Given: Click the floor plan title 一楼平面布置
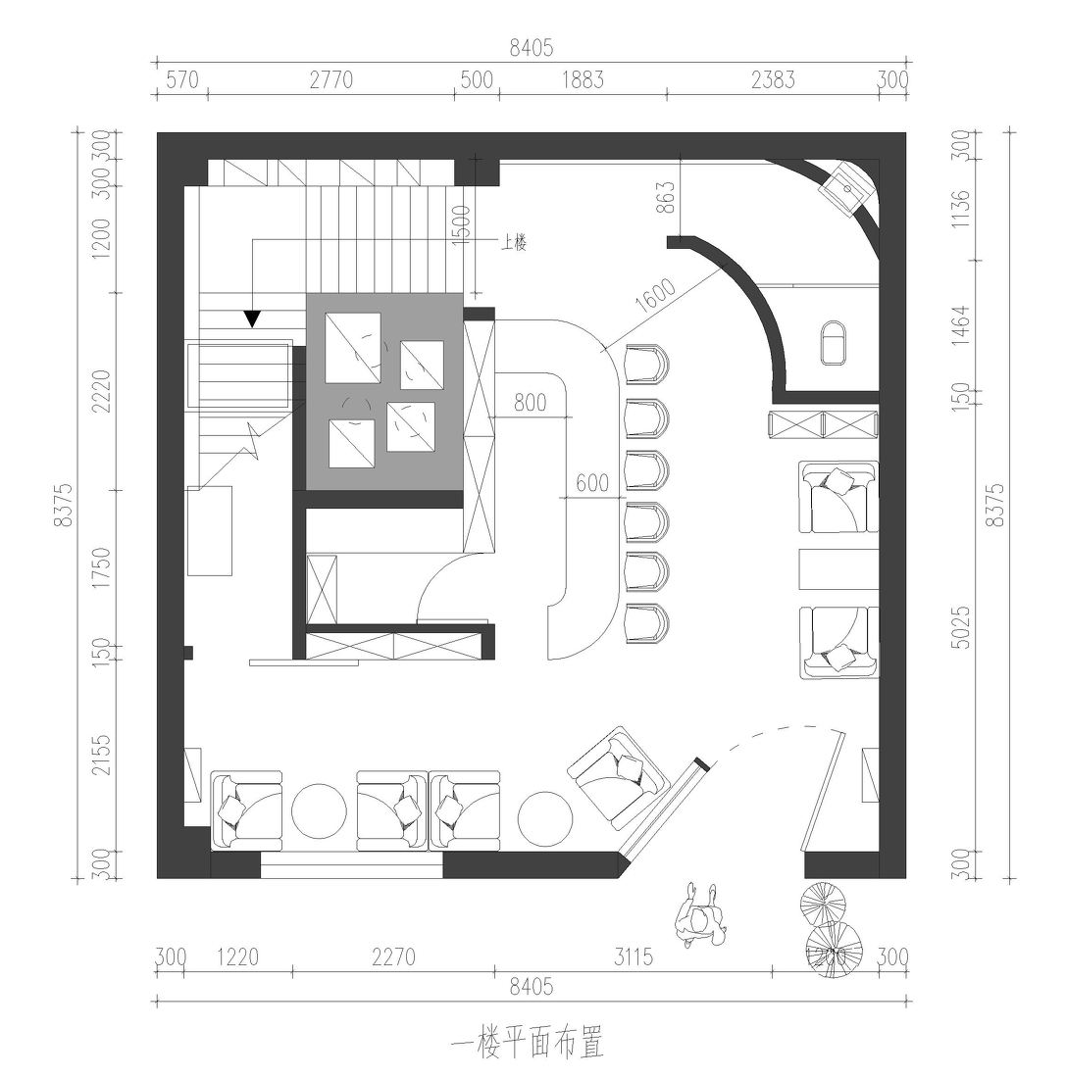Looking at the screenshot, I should [x=528, y=1043].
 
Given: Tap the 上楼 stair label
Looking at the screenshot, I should [x=514, y=243].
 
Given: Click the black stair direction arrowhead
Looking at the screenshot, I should [x=252, y=318].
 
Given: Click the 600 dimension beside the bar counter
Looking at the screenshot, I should [x=592, y=483].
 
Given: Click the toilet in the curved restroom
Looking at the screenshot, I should [x=835, y=342].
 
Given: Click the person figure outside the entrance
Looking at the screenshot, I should [x=701, y=917].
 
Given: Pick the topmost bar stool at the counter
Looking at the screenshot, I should [x=646, y=366].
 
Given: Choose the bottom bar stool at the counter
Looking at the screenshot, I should [x=646, y=622].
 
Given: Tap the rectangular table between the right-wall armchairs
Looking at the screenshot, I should [x=839, y=569].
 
